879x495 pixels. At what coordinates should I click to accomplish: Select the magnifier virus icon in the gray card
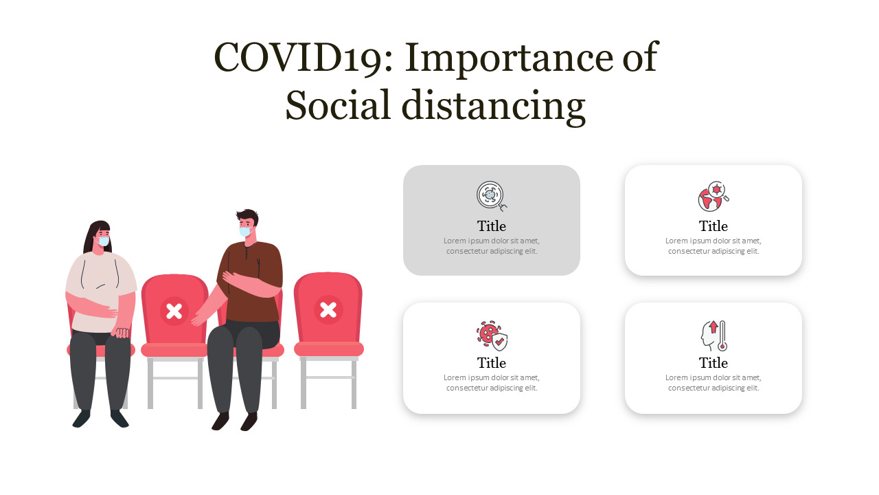pyautogui.click(x=492, y=196)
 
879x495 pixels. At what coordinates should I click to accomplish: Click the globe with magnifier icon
pyautogui.click(x=714, y=197)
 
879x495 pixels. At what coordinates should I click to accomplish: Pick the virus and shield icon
pyautogui.click(x=492, y=335)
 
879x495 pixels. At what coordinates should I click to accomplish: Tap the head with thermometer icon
pyautogui.click(x=714, y=335)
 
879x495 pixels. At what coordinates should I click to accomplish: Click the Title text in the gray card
pyautogui.click(x=492, y=226)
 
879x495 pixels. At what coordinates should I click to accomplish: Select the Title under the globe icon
pyautogui.click(x=714, y=226)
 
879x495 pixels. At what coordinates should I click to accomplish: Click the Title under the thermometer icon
pyautogui.click(x=714, y=363)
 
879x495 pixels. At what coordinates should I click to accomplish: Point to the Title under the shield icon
pyautogui.click(x=492, y=363)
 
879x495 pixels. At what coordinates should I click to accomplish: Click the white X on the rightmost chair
pyautogui.click(x=329, y=309)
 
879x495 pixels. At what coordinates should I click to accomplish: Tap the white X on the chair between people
pyautogui.click(x=174, y=311)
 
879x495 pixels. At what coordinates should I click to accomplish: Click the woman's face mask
pyautogui.click(x=103, y=241)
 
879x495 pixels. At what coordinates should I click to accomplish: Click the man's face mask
pyautogui.click(x=244, y=232)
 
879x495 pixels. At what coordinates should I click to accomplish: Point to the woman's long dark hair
pyautogui.click(x=89, y=237)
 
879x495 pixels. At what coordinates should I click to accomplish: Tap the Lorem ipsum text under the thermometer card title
pyautogui.click(x=714, y=383)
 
